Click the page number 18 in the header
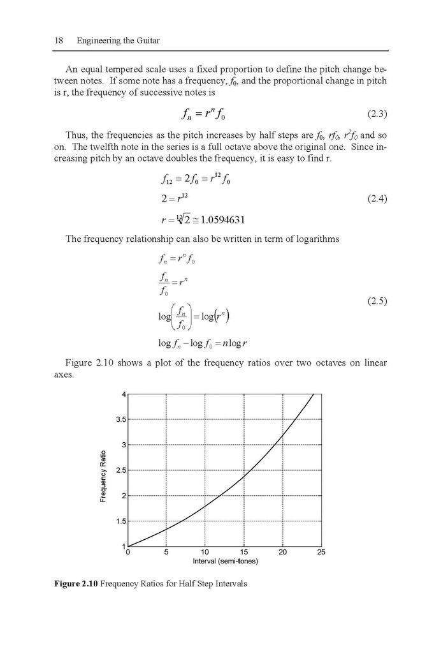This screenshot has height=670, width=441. tap(57, 41)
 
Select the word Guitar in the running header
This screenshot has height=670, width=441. tap(147, 41)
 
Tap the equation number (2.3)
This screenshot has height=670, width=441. tap(377, 114)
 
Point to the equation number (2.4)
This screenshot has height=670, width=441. tap(377, 199)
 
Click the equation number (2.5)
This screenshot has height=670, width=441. tap(377, 301)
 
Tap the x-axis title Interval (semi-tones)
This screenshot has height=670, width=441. tap(225, 562)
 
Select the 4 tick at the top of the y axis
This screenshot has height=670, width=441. tap(124, 394)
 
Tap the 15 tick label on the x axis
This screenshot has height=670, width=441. tap(243, 553)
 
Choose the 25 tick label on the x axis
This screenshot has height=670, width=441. tap(321, 553)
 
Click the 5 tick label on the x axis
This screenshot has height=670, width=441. tap(166, 553)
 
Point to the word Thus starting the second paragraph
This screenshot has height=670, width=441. tap(76, 136)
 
